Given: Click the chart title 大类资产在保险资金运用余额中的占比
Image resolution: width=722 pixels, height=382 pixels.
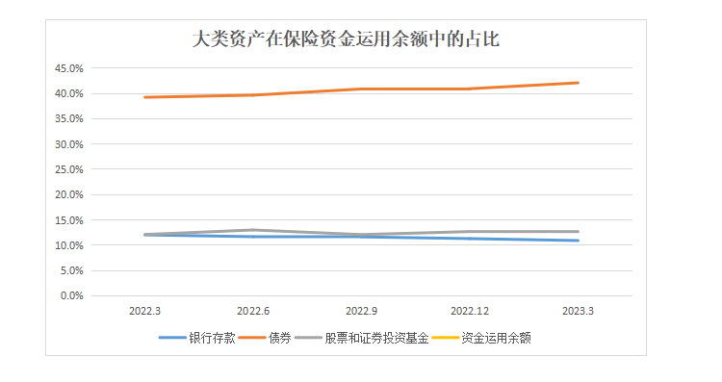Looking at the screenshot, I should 346,40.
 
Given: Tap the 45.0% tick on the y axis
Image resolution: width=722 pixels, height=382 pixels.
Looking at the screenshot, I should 71,69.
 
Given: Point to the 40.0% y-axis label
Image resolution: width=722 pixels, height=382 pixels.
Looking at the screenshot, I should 71,94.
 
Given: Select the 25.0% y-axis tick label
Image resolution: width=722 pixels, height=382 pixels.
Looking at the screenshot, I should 71,170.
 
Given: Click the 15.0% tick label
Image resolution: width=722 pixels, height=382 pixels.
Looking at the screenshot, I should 71,220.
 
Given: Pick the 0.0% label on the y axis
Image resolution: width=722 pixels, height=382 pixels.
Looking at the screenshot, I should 74,295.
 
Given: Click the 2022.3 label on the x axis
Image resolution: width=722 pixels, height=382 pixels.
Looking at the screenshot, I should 144,312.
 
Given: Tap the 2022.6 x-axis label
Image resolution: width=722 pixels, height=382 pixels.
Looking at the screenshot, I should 252,312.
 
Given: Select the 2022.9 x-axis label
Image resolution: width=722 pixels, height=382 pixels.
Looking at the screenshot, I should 361,312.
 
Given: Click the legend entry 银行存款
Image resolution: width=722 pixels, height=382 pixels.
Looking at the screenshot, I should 212,338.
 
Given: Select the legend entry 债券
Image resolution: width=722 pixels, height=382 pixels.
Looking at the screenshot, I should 279,338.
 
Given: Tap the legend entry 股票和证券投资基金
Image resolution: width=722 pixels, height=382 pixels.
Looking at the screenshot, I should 367,338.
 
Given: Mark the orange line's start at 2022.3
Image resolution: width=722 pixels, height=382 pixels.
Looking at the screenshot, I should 144,97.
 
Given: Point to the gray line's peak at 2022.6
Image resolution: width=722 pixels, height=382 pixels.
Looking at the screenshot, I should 252,230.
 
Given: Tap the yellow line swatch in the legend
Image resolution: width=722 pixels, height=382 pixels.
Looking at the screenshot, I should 445,338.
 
